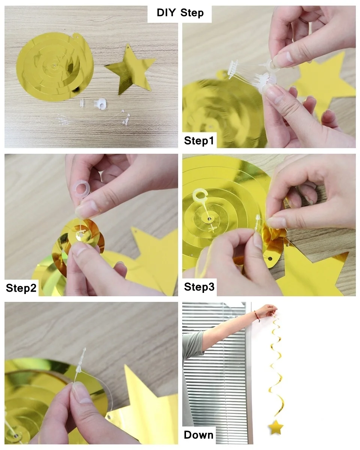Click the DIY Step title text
click(x=180, y=13)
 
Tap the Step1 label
click(x=199, y=141)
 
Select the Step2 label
click(x=21, y=288)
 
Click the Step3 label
click(x=199, y=287)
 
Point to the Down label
click(x=199, y=435)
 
